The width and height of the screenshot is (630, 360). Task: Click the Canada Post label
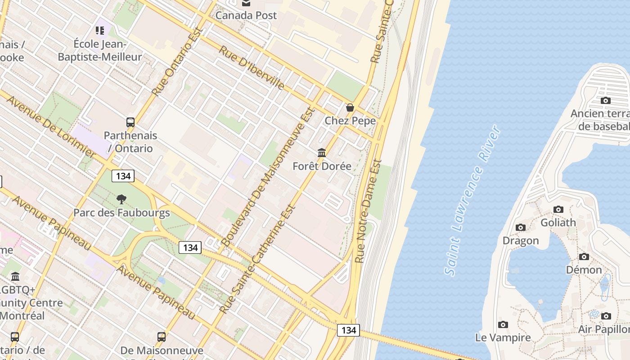click(x=246, y=15)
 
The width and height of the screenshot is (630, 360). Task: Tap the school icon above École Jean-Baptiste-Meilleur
click(x=100, y=31)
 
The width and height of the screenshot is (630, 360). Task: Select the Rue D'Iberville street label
click(x=252, y=67)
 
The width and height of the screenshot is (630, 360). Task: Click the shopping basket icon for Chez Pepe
click(x=350, y=108)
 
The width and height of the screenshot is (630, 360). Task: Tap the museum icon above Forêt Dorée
click(x=322, y=153)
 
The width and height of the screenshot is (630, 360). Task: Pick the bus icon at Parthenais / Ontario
click(x=130, y=122)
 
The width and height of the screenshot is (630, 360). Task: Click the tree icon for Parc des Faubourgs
click(x=121, y=199)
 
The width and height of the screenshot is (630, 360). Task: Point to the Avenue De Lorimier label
click(x=51, y=126)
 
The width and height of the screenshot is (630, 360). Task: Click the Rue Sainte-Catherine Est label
click(x=257, y=260)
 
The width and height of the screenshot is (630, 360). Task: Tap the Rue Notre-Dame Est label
click(x=368, y=211)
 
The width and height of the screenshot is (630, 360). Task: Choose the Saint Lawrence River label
click(x=472, y=200)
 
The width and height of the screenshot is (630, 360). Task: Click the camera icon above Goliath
click(x=558, y=209)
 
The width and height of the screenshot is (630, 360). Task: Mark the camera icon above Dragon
click(x=521, y=227)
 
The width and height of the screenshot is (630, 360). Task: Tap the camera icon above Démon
click(x=584, y=256)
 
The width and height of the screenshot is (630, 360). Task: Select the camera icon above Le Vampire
click(x=503, y=324)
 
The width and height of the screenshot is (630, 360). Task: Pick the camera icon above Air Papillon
click(x=606, y=316)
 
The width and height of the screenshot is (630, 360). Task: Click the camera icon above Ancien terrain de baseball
click(x=606, y=100)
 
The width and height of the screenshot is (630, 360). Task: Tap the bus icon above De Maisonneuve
click(x=162, y=337)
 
